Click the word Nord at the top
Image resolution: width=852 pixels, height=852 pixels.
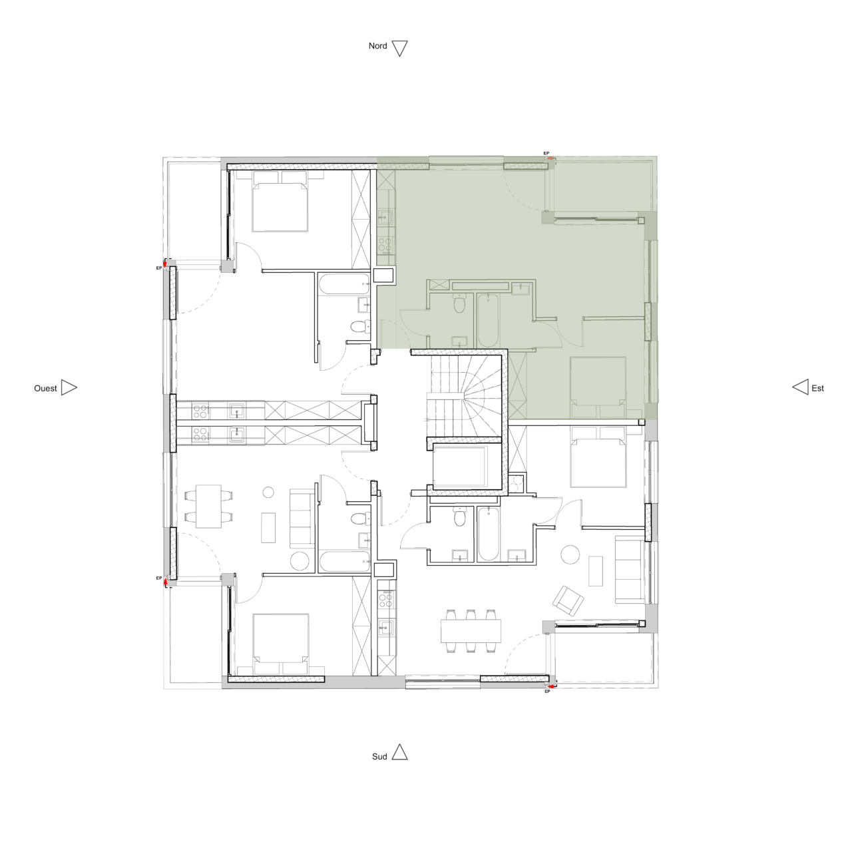[377, 46]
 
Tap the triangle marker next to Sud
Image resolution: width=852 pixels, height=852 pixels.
[399, 752]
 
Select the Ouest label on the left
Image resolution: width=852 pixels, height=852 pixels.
[45, 388]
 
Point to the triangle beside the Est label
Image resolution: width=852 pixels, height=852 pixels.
[800, 387]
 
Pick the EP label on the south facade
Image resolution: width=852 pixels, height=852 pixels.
[547, 692]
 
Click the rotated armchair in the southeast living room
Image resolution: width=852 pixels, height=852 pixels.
[569, 600]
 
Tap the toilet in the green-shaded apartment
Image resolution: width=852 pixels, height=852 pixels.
[459, 305]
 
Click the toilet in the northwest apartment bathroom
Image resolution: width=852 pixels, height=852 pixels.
[359, 327]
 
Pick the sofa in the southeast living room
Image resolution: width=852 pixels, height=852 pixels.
[628, 570]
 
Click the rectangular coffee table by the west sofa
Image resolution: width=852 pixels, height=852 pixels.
[269, 527]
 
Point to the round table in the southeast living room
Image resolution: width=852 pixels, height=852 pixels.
[570, 554]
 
